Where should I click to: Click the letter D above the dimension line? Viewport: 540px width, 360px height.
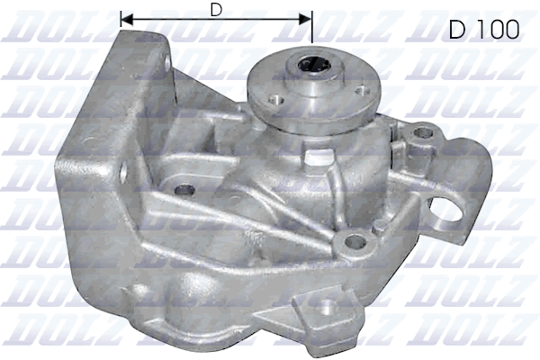216,10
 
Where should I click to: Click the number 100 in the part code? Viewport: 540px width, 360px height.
498,30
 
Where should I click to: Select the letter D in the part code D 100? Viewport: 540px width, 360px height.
457,30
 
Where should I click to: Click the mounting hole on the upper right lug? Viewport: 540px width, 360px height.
420,134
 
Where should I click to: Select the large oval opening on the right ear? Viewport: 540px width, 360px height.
442,213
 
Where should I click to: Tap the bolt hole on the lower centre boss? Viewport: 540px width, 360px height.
355,240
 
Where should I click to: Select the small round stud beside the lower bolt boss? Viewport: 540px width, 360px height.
382,224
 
